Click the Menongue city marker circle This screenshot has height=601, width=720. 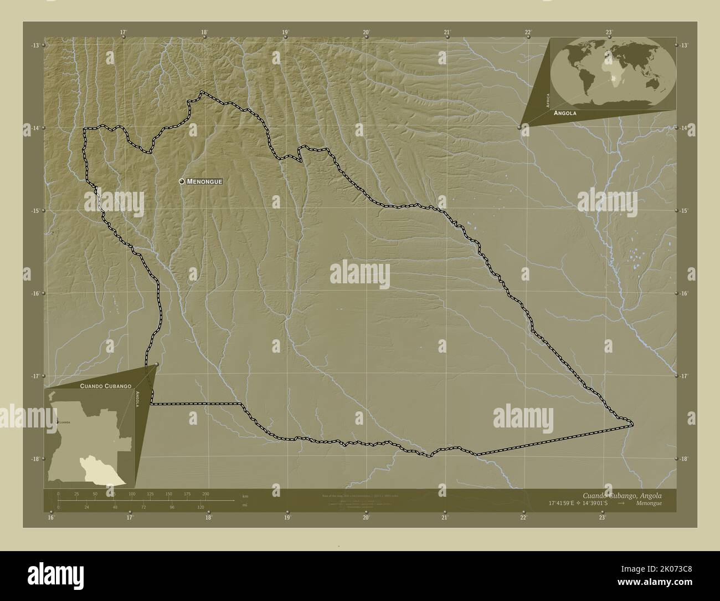point(182,181)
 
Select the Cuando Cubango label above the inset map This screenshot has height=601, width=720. point(105,385)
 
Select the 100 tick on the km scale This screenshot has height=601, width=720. point(132,493)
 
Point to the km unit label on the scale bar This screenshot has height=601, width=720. point(245,496)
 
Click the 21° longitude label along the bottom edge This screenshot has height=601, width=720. point(444,518)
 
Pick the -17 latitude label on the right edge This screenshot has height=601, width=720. point(685,376)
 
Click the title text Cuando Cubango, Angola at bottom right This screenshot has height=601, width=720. point(621,495)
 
